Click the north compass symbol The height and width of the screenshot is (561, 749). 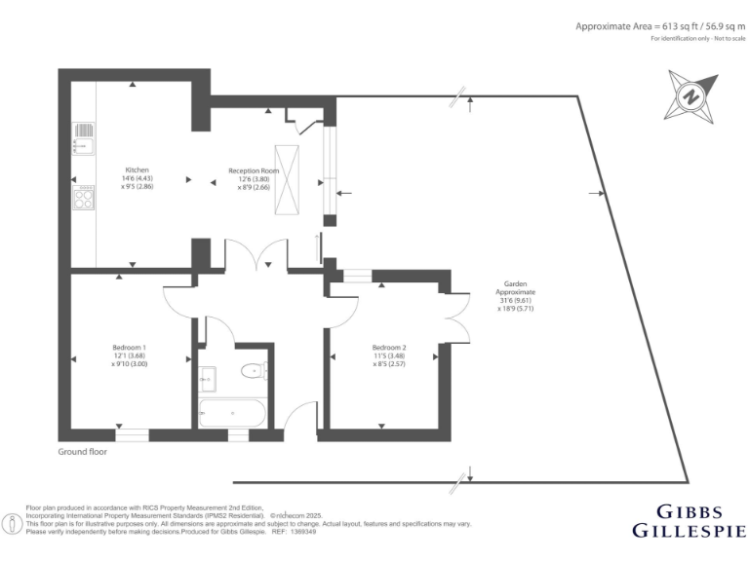[x=691, y=97]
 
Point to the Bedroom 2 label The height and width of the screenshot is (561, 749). [x=389, y=355]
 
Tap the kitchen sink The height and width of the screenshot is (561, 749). [x=83, y=135]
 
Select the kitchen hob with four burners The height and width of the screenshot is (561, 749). [x=84, y=198]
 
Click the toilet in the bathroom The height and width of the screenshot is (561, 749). [x=256, y=370]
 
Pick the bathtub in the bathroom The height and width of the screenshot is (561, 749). [x=230, y=412]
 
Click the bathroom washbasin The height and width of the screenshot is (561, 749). [x=207, y=374]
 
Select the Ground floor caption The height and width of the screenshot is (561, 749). [x=83, y=452]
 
